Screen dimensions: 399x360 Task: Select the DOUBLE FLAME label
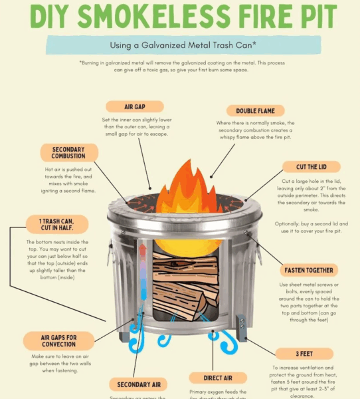click(255, 111)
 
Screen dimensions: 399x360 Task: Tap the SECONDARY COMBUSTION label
click(68, 152)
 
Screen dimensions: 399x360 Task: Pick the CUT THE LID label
click(311, 167)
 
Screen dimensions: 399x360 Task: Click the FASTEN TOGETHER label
click(310, 271)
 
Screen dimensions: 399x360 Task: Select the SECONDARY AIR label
click(138, 384)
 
